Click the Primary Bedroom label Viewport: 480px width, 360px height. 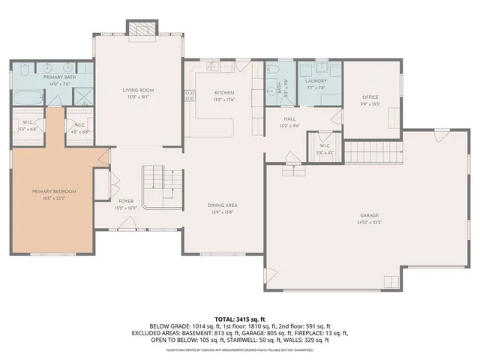(x=54, y=192)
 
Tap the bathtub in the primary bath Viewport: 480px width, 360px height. (x=28, y=96)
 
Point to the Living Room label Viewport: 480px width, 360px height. (x=137, y=90)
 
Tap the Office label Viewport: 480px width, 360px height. (x=370, y=97)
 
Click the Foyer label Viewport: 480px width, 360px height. (x=126, y=202)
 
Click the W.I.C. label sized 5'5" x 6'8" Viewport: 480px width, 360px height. (x=27, y=125)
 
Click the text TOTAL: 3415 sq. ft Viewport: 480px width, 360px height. (x=239, y=319)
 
